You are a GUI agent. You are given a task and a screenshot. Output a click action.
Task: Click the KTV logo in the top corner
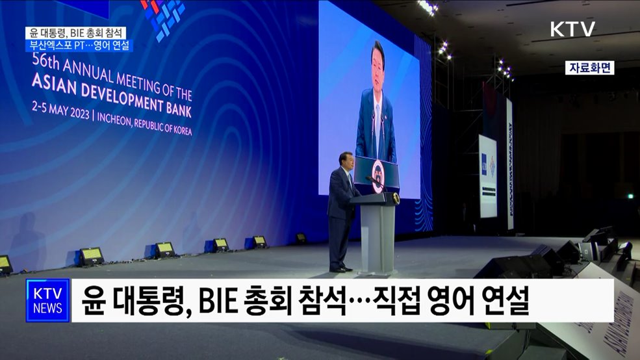pyautogui.click(x=572, y=29)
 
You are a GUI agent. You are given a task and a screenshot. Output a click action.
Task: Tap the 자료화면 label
pyautogui.click(x=589, y=68)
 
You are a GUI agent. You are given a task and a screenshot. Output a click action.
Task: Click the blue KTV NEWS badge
pyautogui.click(x=47, y=300)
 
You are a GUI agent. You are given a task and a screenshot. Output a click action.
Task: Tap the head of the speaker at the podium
pyautogui.click(x=345, y=161)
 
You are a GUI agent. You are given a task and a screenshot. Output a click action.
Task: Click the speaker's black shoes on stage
pyautogui.click(x=340, y=268)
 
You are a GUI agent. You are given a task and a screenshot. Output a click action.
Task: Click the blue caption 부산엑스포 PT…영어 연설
pyautogui.click(x=78, y=45)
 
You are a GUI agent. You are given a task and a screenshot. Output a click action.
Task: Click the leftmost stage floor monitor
pyautogui.click(x=5, y=264)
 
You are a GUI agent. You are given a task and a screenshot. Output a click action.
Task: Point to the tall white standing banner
pyautogui.click(x=487, y=175)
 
